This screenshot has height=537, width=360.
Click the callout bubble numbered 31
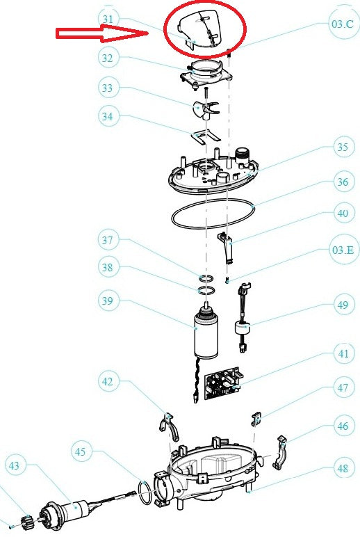[x=107, y=18]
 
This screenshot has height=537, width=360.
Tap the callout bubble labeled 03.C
[x=342, y=23]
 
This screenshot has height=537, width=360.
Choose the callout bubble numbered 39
[x=108, y=301]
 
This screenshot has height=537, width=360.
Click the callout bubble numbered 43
[x=16, y=464]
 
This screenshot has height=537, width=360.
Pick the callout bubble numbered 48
[x=342, y=469]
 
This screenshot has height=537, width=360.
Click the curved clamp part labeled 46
[x=281, y=452]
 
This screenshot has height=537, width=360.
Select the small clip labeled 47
[x=256, y=417]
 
